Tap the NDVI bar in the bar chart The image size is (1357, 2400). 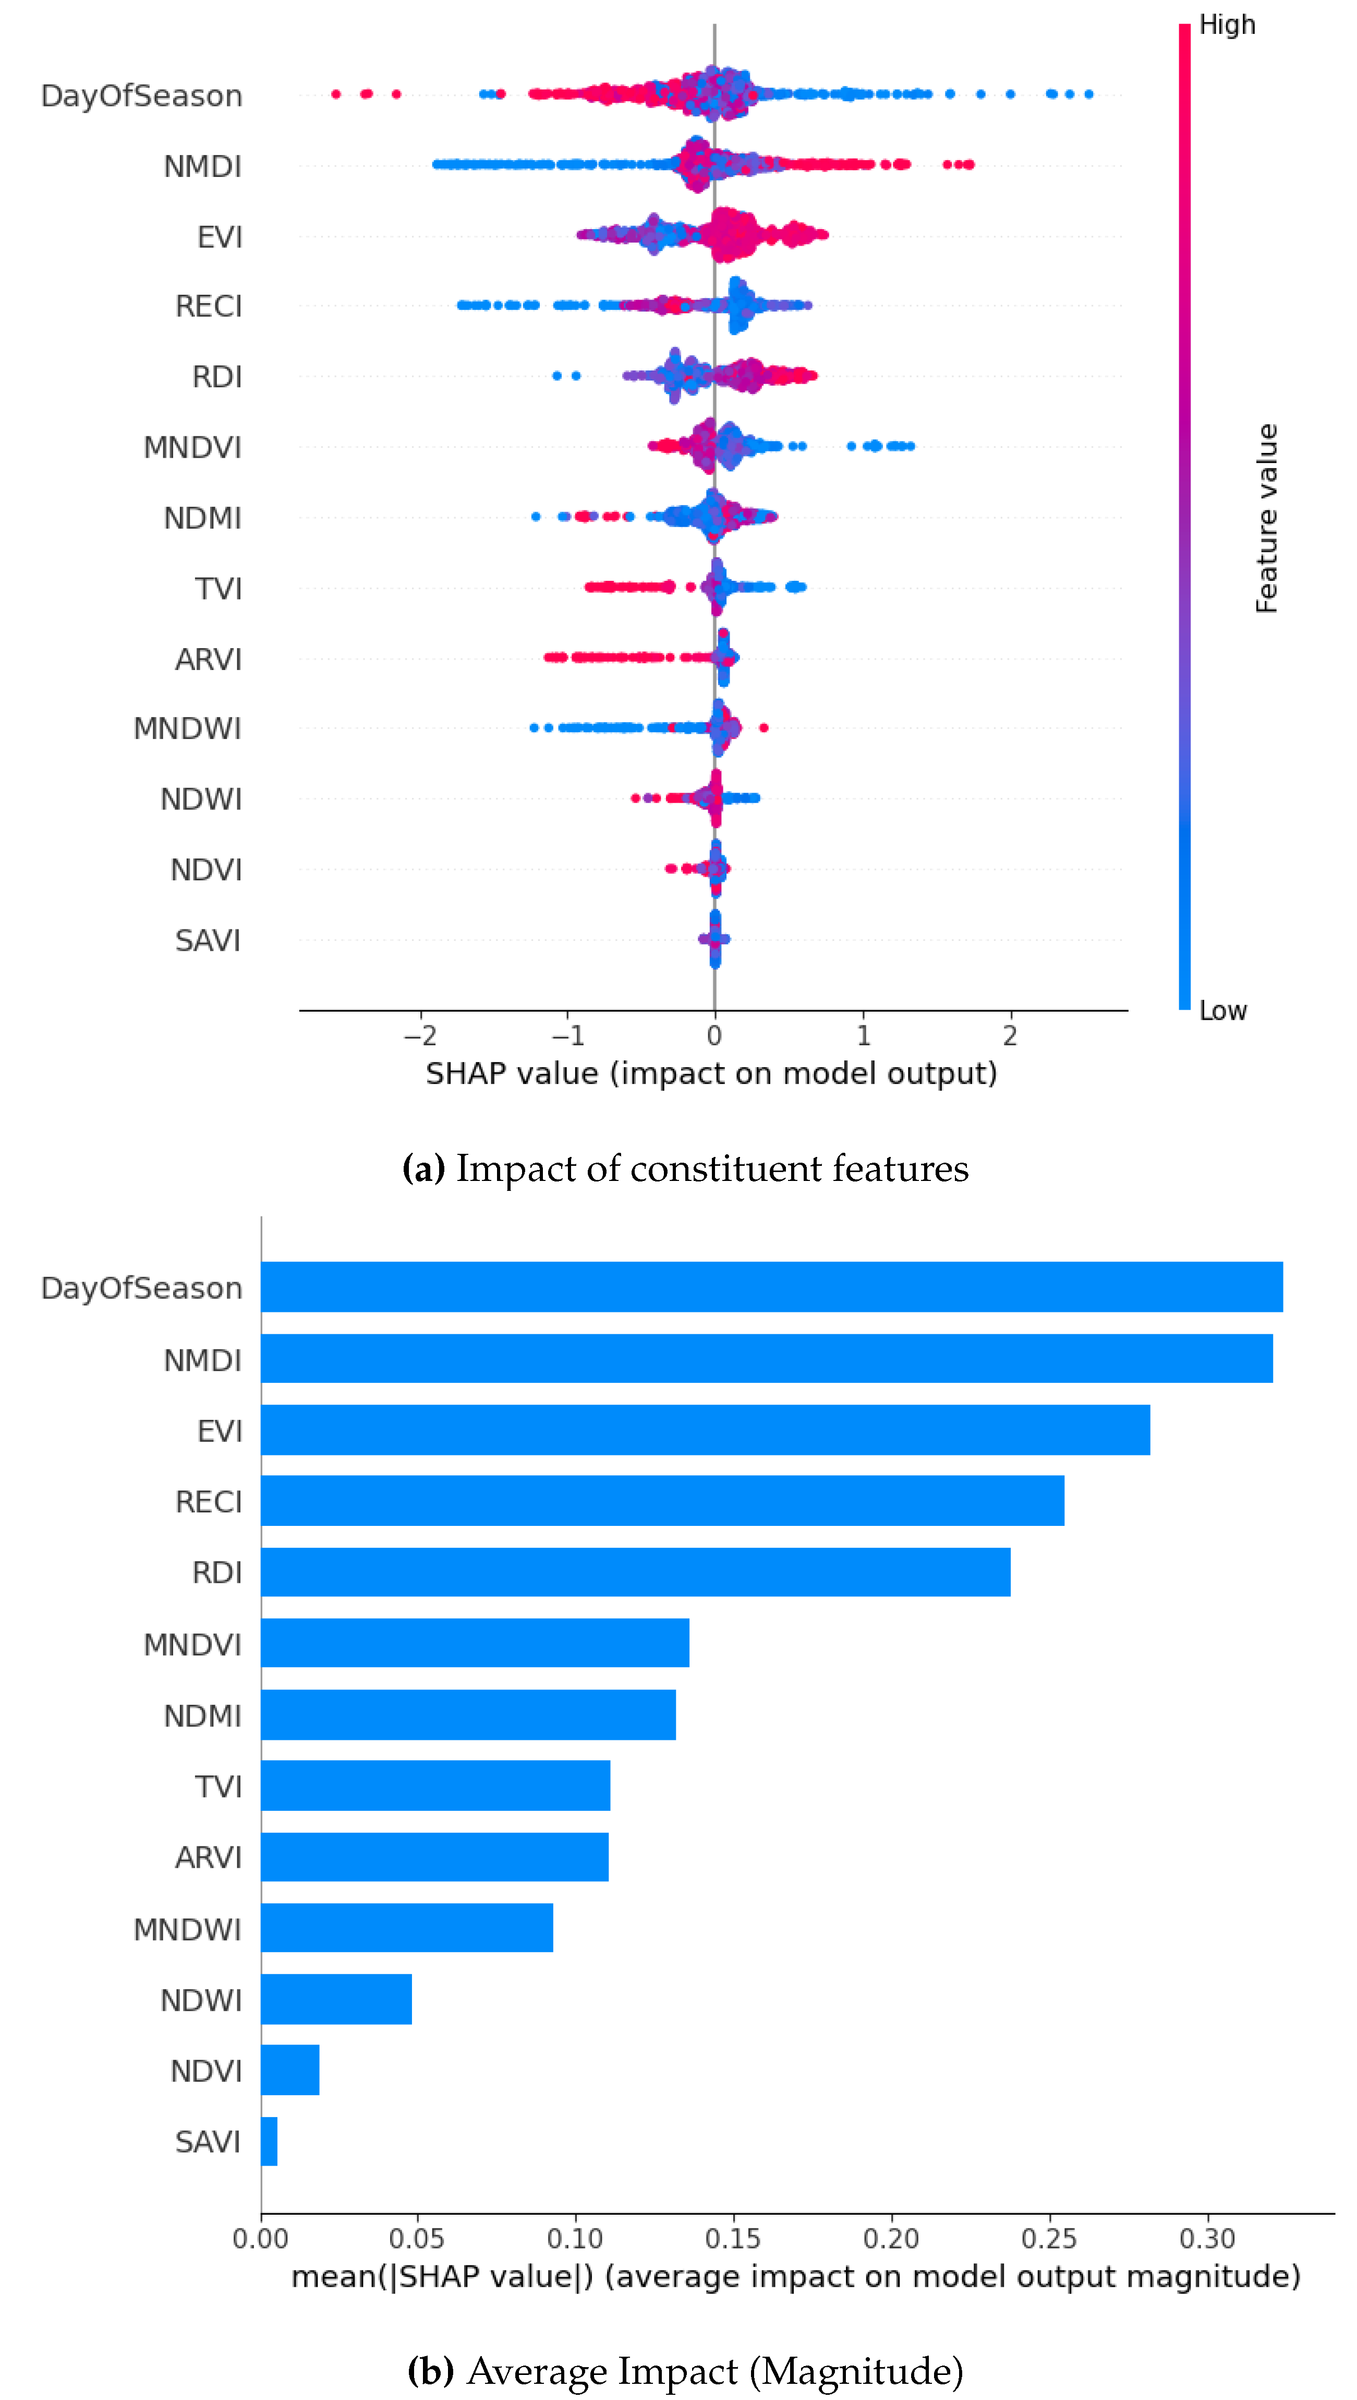pos(290,2070)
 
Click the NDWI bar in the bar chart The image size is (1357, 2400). pos(336,1999)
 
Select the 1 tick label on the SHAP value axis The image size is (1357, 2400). pos(863,1036)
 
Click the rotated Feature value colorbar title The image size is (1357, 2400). pos(1266,518)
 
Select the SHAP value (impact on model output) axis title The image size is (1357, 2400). pos(711,1073)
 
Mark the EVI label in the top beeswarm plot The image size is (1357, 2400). pos(220,237)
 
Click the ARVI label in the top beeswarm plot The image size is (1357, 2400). pos(209,659)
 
